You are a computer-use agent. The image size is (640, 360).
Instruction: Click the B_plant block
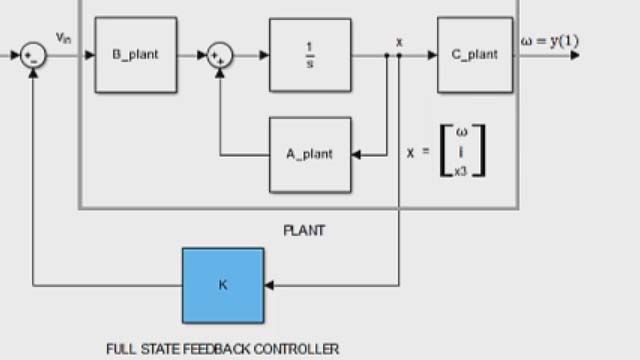point(136,55)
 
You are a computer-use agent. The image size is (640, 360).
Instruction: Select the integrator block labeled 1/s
point(310,55)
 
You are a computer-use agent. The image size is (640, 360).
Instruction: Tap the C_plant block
point(475,55)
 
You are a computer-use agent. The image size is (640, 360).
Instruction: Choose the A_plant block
point(310,155)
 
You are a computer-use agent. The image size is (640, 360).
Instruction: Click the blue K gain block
point(223,284)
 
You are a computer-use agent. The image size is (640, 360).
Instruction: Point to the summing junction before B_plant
point(34,55)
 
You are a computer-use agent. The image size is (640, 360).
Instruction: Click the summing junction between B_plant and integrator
point(219,55)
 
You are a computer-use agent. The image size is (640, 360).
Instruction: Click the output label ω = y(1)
point(549,41)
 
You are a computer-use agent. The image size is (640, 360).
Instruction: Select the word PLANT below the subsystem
point(304,230)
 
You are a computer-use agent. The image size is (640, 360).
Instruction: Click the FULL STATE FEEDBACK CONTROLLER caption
point(222,349)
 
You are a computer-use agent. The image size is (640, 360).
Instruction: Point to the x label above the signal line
point(399,41)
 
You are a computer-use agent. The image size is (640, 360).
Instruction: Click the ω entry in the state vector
point(461,131)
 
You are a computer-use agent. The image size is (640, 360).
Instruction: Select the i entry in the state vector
point(461,150)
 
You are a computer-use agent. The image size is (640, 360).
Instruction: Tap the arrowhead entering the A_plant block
point(357,155)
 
